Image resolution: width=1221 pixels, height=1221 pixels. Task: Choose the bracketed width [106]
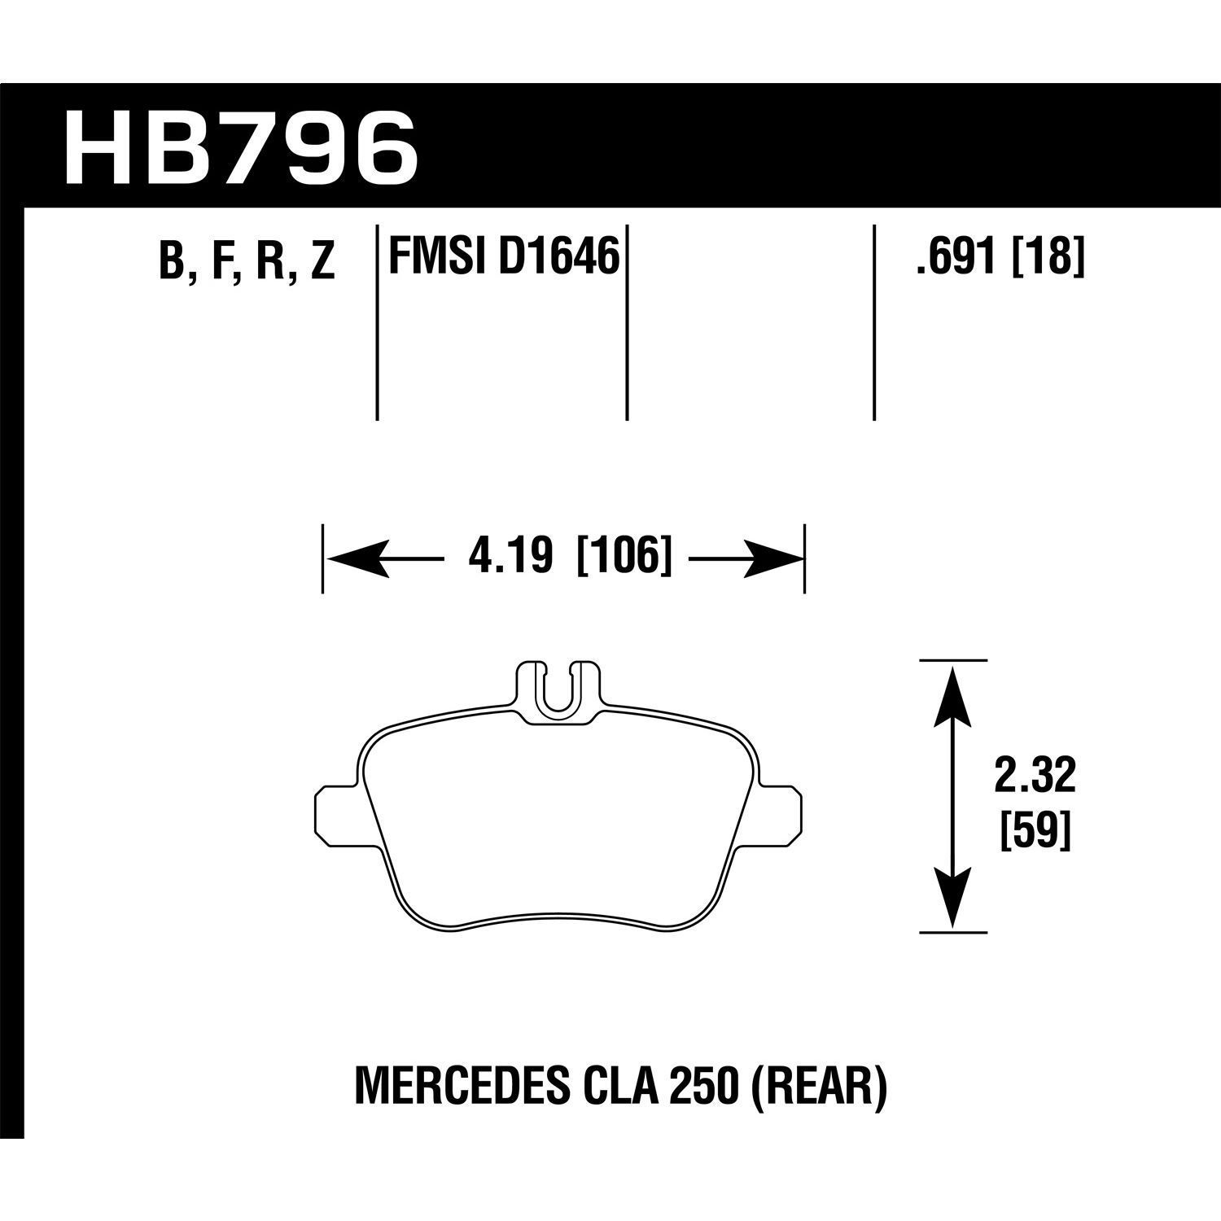(624, 558)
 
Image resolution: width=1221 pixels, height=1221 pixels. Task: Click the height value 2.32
(1035, 777)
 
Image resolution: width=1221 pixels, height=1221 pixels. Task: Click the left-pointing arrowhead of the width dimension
(354, 559)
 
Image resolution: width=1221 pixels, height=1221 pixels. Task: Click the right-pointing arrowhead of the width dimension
(774, 559)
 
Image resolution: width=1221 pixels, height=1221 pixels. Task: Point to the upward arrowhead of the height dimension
(952, 692)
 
